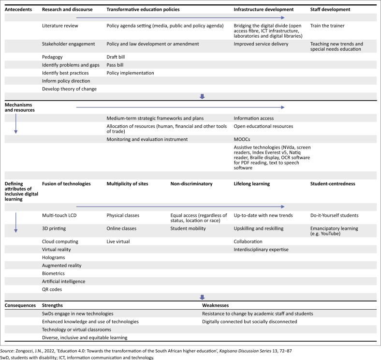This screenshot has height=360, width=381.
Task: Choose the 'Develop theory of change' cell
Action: click(x=70, y=89)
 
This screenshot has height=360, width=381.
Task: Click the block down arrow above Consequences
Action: click(x=203, y=297)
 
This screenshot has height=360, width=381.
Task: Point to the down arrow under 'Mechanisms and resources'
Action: click(x=16, y=125)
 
